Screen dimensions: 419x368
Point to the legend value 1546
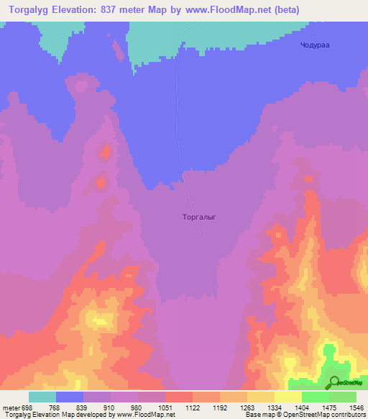click(x=356, y=407)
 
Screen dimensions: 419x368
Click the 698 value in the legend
click(x=27, y=407)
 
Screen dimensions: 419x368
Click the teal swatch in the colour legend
click(x=42, y=397)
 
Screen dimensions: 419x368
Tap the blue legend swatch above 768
click(x=70, y=397)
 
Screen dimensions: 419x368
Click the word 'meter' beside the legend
click(x=9, y=407)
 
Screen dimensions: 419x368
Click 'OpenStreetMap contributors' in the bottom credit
click(x=326, y=415)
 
